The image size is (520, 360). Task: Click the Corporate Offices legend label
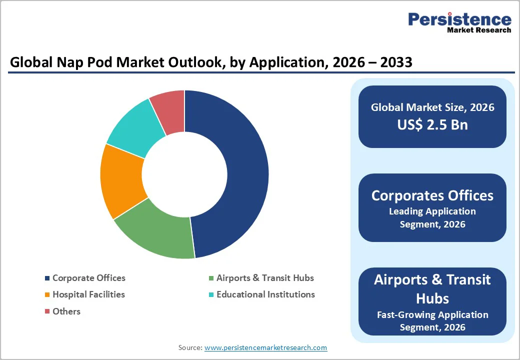[88, 278]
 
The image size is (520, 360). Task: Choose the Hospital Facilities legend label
[88, 294]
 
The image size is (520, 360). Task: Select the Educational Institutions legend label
[265, 294]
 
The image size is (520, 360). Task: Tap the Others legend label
[66, 311]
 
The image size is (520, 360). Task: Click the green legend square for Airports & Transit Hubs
[211, 278]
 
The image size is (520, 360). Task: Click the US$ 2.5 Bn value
[432, 124]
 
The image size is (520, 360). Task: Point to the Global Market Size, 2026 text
[432, 107]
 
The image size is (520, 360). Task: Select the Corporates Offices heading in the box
[432, 195]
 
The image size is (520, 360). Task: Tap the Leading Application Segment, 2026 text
[432, 217]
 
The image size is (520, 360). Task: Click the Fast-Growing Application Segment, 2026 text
[432, 321]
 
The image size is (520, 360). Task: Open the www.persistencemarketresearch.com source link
[265, 347]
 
